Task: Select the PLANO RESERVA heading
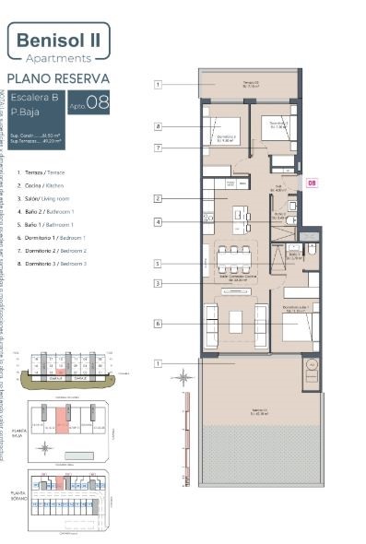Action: click(58, 78)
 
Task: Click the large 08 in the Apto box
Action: click(97, 102)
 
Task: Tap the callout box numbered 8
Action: click(159, 126)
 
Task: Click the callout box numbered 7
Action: click(159, 148)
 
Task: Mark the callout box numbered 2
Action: click(159, 198)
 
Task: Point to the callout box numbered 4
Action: click(159, 222)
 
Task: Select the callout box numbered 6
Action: click(159, 324)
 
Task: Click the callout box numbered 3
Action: click(159, 283)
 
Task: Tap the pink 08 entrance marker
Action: click(312, 183)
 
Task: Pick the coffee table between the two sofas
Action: click(236, 321)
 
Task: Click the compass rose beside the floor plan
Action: click(187, 376)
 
